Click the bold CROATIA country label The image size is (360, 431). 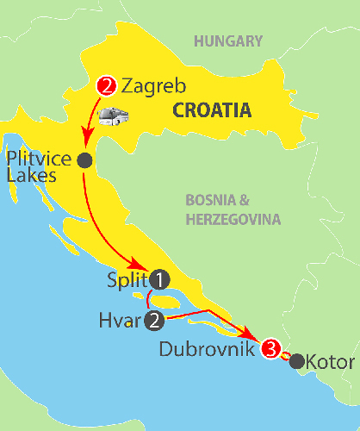211,109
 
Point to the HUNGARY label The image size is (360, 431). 227,41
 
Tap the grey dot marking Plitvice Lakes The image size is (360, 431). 84,159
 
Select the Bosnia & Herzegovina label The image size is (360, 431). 233,209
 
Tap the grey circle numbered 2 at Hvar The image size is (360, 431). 154,321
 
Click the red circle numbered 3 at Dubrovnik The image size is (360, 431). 270,349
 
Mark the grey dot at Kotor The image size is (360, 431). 297,362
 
